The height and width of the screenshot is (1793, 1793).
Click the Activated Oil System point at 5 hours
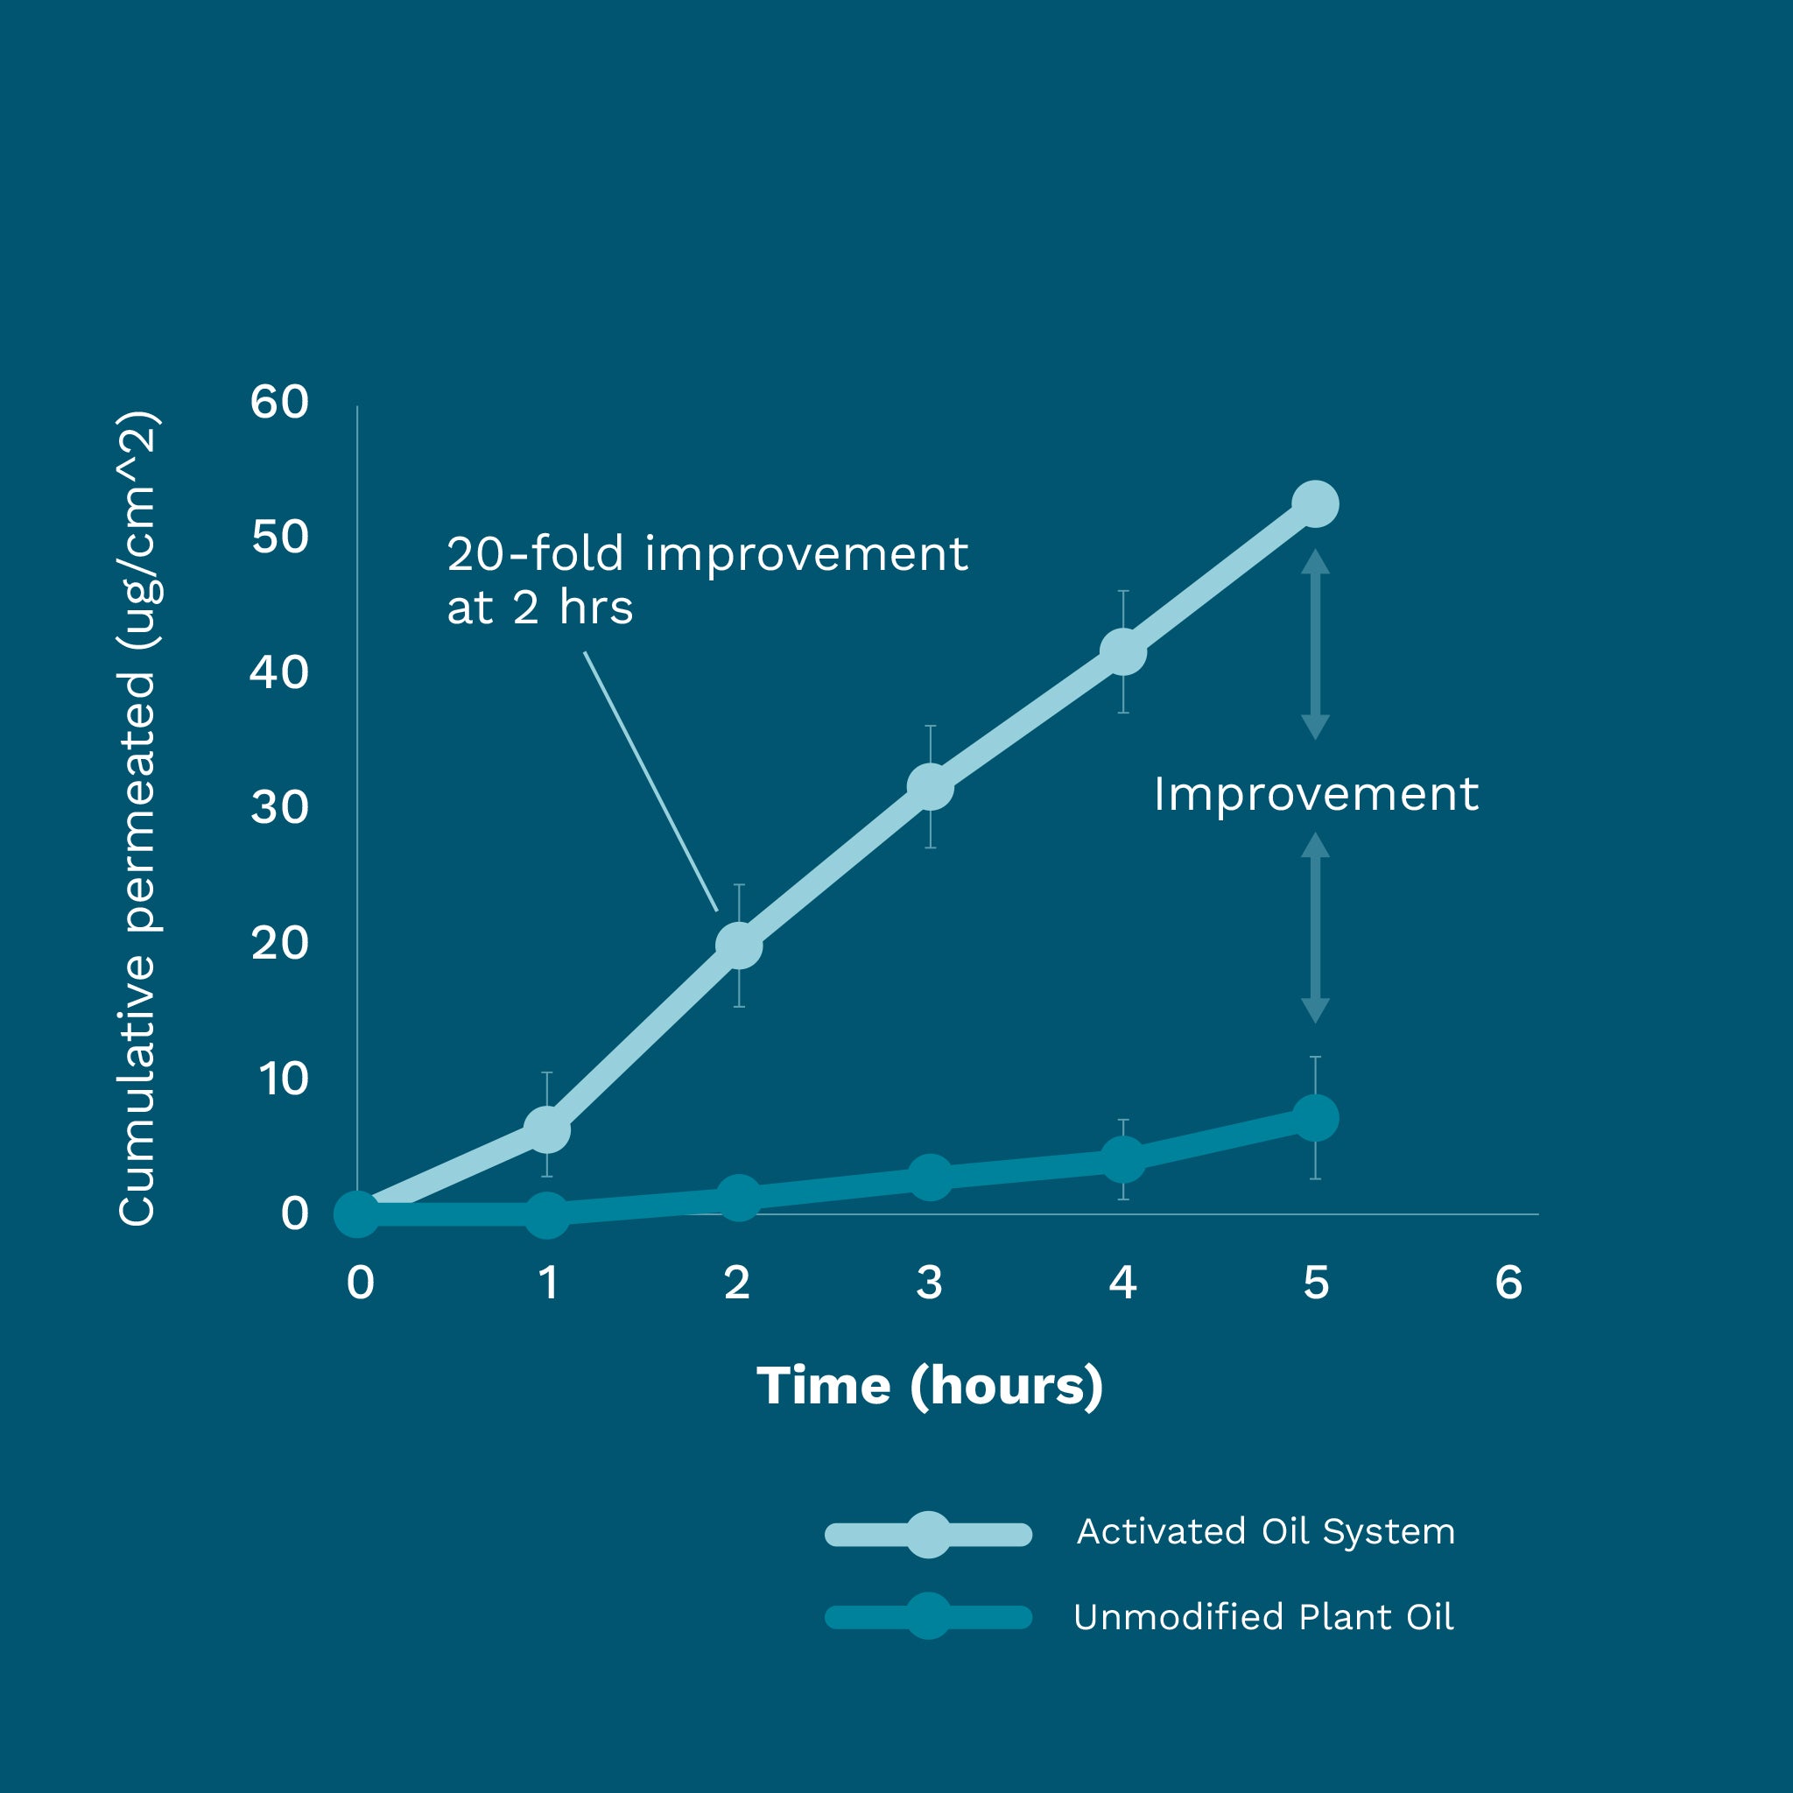(x=1315, y=504)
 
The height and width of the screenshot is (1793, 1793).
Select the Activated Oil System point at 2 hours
(x=739, y=946)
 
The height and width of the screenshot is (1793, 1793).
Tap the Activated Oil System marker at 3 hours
(x=930, y=787)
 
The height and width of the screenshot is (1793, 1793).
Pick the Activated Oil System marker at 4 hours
(x=1123, y=651)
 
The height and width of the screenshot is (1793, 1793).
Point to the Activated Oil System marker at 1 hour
(x=546, y=1129)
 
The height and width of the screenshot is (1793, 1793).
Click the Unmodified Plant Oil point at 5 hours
(x=1315, y=1117)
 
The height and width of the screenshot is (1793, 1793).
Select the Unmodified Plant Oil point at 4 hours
(x=1123, y=1158)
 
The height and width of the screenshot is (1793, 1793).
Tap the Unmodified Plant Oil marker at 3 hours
(x=930, y=1177)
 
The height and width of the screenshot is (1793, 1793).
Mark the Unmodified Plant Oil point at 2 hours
(x=739, y=1196)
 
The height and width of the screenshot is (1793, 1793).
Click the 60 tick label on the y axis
(x=279, y=402)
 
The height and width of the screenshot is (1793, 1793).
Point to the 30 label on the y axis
(x=279, y=807)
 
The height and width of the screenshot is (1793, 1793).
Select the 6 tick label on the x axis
(x=1508, y=1283)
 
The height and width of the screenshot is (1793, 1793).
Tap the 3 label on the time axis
(x=929, y=1283)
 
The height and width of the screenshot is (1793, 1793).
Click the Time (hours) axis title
(x=929, y=1386)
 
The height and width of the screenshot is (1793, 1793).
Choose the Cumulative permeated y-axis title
(x=137, y=817)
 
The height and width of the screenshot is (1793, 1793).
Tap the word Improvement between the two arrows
(x=1315, y=794)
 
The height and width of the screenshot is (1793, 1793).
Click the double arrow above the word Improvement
(x=1315, y=644)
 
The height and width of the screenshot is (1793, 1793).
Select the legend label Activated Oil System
(x=1266, y=1531)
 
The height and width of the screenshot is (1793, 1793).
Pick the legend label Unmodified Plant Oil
(x=1263, y=1617)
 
